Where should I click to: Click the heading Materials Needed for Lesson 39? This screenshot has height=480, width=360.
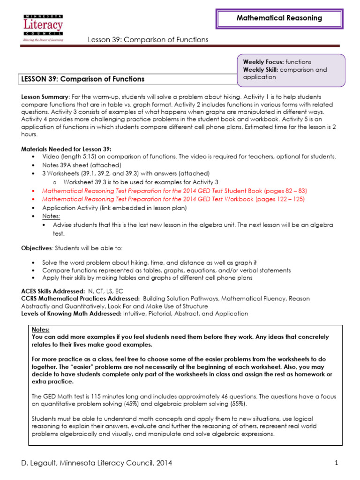pos(66,149)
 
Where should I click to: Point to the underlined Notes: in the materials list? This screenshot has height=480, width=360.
pos(51,216)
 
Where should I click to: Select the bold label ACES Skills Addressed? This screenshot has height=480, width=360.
pos(53,291)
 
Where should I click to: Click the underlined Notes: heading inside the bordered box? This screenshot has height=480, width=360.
pos(40,330)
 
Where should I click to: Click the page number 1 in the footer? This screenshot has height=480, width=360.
pos(337,463)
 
